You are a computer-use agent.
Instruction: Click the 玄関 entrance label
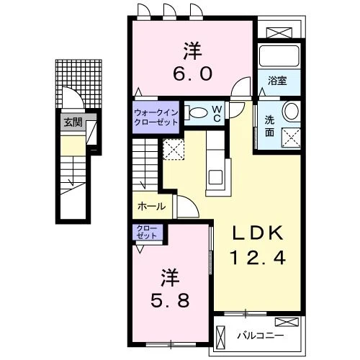pos(73,122)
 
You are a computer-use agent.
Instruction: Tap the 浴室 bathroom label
pos(277,81)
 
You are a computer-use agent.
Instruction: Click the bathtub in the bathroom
pos(279,56)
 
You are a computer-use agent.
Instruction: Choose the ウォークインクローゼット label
pos(156,117)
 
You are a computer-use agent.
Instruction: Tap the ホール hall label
pos(152,207)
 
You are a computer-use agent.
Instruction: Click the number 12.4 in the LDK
pos(258,257)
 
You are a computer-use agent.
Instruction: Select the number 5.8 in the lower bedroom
pos(170,300)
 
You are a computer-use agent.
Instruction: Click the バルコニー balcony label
pos(261,336)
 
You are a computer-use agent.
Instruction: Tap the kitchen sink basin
pos(215,177)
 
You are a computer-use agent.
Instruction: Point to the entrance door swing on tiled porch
pos(73,98)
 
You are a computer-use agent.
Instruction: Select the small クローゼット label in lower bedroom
pos(146,232)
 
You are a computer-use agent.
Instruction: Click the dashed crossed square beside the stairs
pos(174,149)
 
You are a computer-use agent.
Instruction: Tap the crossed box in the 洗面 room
pos(291,138)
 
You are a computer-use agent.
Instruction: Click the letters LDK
pos(257,233)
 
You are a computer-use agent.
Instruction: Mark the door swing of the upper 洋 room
pos(240,88)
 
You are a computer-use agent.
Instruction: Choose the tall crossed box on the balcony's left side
pos(220,336)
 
